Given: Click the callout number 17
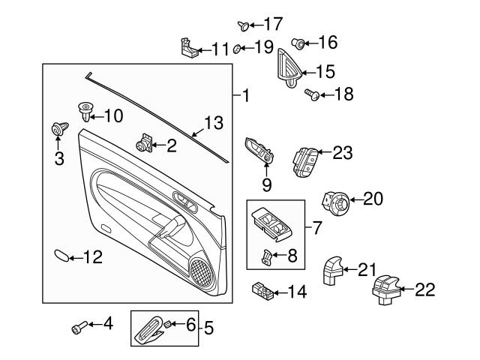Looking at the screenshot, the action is click(273, 24).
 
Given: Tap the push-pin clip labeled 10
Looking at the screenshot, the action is click(85, 112).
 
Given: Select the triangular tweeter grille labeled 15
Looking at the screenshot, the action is click(290, 68).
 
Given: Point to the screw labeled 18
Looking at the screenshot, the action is click(312, 94).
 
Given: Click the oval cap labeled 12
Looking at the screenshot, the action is click(61, 256).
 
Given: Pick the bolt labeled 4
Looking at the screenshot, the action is click(79, 327).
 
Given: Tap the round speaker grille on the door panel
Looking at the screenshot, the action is click(202, 271).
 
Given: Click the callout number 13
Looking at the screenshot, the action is click(214, 123).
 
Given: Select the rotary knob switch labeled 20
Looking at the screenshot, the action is click(335, 203).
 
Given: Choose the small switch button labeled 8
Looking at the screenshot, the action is click(267, 256).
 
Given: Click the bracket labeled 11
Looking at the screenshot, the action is click(189, 48).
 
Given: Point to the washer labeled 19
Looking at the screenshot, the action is click(237, 49).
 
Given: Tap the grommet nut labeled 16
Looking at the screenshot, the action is click(298, 43).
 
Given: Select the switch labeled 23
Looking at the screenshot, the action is click(305, 162).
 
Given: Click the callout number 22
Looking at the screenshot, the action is click(425, 289).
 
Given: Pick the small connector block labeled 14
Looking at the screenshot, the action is click(262, 290).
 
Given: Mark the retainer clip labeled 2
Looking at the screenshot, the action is click(145, 143).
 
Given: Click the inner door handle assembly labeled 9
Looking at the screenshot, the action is click(259, 150).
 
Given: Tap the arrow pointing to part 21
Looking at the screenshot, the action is click(350, 269).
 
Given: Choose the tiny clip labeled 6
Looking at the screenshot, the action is click(167, 323).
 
